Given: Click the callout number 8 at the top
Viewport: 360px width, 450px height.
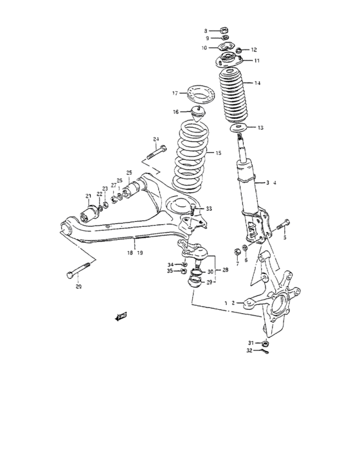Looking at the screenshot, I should pos(206,30).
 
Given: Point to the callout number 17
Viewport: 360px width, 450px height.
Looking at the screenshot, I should pos(174,93).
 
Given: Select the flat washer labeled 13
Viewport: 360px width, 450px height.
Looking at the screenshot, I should pos(239,130).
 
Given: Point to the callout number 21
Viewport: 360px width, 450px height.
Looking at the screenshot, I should pos(87,196).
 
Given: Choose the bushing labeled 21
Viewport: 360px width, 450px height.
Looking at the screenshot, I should pos(89,210).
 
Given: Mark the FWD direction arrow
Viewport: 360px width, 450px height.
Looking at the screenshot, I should pos(120,316).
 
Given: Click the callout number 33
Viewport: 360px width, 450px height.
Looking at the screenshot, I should pos(209,208).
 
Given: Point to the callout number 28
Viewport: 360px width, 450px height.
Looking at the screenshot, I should pos(226,271).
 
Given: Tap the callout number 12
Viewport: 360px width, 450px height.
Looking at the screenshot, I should pos(254,50).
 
